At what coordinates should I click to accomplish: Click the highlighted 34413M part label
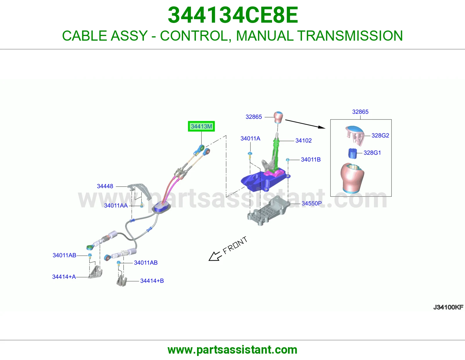(201, 126)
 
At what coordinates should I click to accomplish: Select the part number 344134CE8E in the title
(233, 15)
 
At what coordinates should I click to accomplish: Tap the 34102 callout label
(303, 141)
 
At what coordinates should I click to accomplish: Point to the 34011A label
(250, 138)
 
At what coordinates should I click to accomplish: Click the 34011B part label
(311, 159)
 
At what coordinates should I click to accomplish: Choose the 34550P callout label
(312, 203)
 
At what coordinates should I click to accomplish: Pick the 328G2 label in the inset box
(380, 135)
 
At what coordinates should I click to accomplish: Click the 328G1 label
(372, 153)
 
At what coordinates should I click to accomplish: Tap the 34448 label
(105, 186)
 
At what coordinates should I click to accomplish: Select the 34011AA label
(116, 206)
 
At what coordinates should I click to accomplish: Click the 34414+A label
(64, 277)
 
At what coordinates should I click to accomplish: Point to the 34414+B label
(152, 281)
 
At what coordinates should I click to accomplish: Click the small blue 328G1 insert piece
(352, 153)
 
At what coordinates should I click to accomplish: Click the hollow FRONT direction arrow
(214, 256)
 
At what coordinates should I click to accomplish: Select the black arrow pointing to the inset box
(305, 124)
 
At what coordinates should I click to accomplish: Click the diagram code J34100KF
(448, 307)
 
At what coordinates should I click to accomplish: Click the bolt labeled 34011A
(250, 156)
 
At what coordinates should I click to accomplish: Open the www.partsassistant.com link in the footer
(233, 350)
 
